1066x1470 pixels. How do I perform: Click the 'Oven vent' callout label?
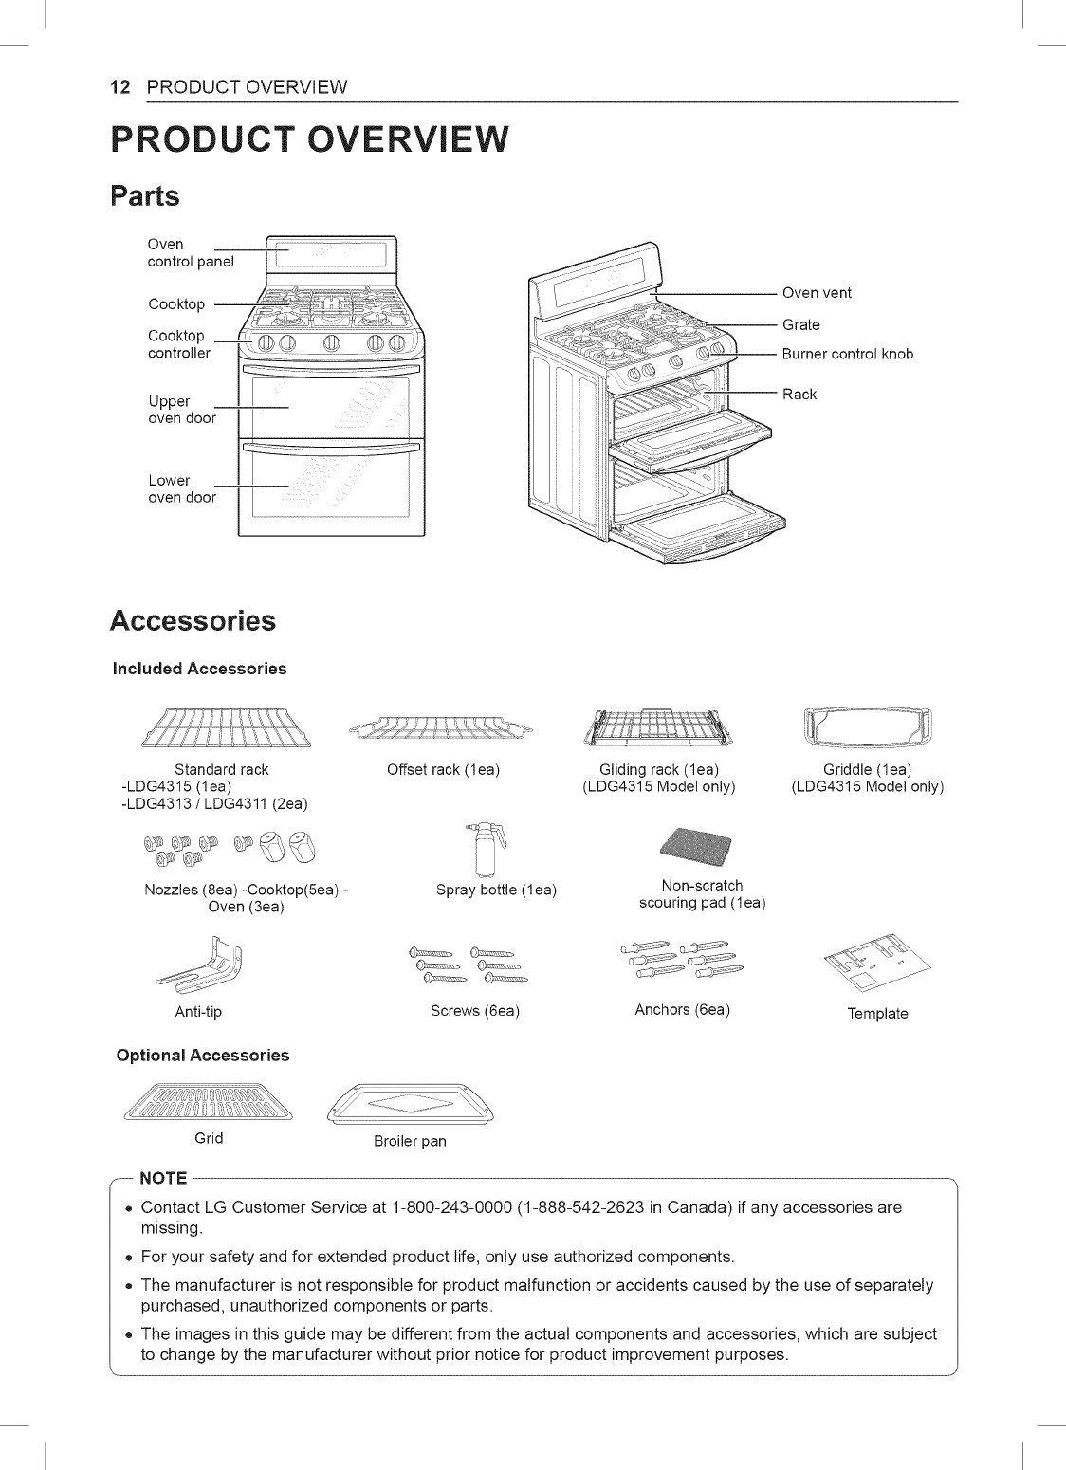816,293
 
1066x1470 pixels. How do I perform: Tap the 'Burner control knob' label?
847,355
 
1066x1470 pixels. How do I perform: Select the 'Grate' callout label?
800,325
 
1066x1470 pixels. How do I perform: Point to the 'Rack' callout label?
799,395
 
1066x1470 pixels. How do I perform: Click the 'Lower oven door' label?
181,489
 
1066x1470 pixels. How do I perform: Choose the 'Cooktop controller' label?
179,344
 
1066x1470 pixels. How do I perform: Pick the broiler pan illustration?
410,1104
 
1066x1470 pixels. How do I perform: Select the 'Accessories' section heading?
193,621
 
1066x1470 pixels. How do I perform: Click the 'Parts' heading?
144,196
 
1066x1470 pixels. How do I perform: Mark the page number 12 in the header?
120,87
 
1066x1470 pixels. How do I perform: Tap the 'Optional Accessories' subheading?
202,1056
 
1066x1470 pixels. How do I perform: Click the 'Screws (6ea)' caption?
475,1011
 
